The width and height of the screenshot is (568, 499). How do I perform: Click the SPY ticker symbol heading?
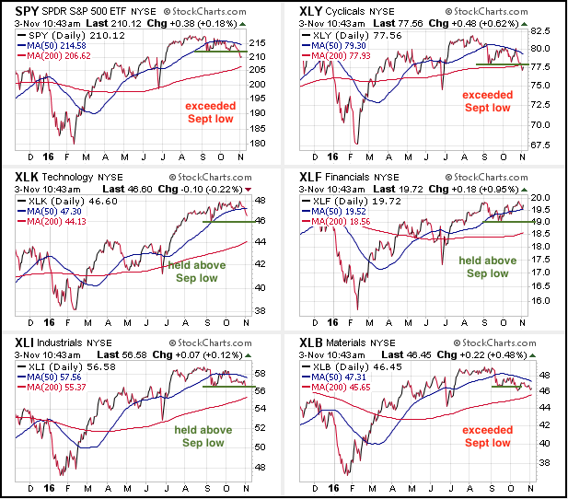[x=24, y=14]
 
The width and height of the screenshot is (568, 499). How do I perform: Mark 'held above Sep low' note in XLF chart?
[x=487, y=267]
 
